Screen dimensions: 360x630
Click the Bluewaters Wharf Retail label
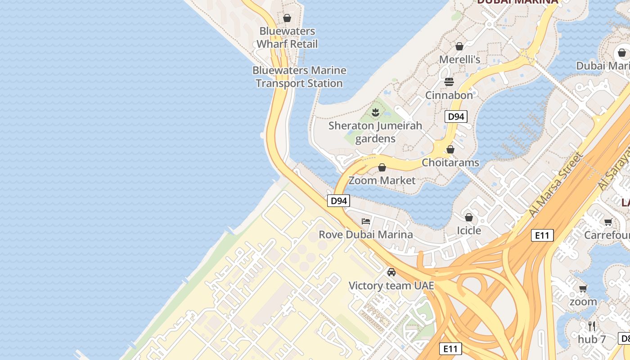[287, 37]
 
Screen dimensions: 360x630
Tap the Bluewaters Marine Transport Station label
[299, 76]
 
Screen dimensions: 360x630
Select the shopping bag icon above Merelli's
[459, 46]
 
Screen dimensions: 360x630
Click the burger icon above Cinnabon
[449, 82]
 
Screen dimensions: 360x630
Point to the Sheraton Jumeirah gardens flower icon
[375, 112]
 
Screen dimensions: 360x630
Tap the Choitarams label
[450, 162]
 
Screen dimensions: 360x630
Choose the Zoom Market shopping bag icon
[382, 168]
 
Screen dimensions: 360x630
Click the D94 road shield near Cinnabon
[456, 117]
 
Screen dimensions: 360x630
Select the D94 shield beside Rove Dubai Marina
[338, 201]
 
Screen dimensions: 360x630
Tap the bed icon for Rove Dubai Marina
[366, 221]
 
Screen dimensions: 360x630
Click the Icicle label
[469, 230]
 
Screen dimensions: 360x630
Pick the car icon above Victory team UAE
[391, 272]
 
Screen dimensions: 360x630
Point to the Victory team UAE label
[391, 286]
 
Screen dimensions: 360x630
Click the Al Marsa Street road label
[556, 184]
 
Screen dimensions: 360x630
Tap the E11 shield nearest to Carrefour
[542, 235]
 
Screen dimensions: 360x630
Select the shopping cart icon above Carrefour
[608, 222]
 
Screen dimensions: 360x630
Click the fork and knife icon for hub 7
[592, 326]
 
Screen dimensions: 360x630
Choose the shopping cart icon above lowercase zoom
[583, 288]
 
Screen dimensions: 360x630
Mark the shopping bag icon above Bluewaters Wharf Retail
[287, 18]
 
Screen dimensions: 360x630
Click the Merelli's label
[460, 59]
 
